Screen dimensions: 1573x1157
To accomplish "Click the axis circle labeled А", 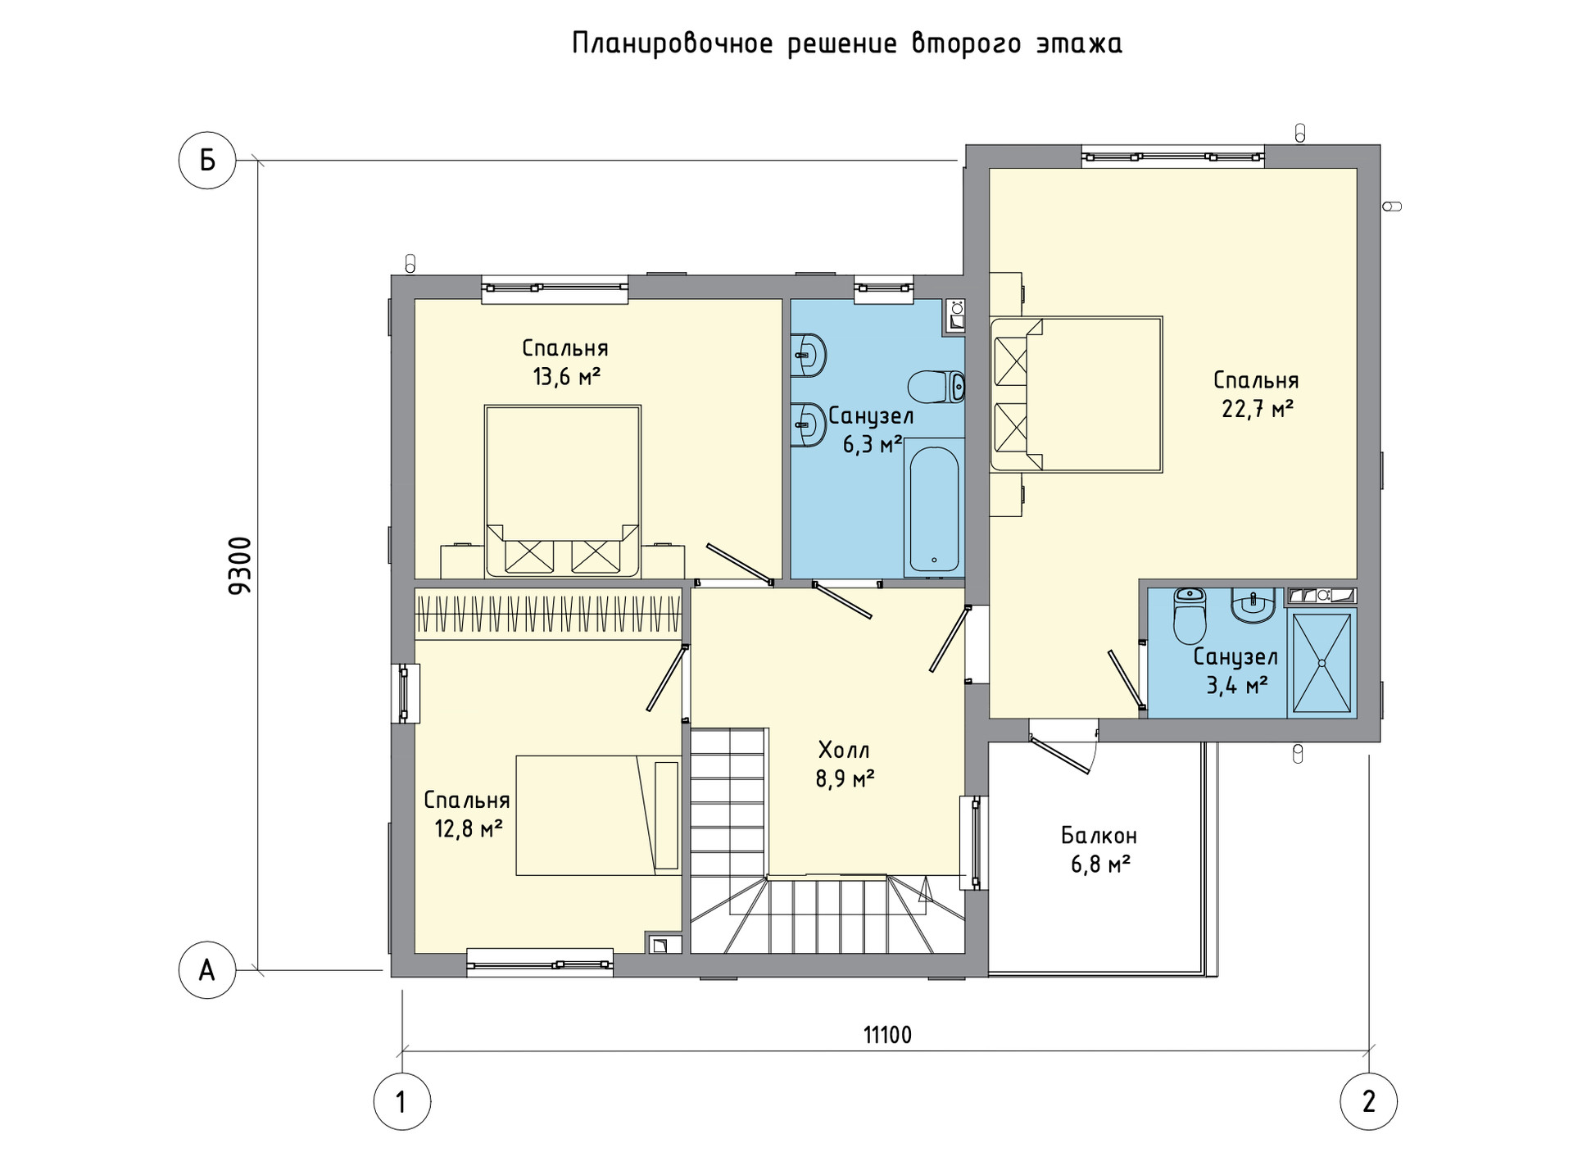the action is pos(207,970).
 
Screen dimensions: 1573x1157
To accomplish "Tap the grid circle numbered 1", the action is pos(401,1102).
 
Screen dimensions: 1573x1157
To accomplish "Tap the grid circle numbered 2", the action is pos(1368,1102).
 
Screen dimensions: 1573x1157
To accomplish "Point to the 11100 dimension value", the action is pos(887,1036).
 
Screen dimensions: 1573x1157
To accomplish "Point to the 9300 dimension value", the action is pos(240,565).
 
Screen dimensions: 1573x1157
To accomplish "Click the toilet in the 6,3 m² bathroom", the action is pos(936,386).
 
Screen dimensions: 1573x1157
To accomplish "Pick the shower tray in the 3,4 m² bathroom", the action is pos(1321,663).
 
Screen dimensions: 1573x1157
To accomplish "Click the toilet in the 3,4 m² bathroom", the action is pos(1190,615).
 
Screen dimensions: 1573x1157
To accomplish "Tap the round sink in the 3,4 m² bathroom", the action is pos(1252,606).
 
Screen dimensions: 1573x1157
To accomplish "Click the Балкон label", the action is pos(1099,836).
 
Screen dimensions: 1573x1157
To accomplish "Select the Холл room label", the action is pos(844,750).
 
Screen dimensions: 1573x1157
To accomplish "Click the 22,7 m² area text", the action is pos(1258,408).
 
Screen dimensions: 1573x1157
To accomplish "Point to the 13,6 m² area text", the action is pos(566,376).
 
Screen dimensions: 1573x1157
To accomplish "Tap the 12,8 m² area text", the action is pos(468,828).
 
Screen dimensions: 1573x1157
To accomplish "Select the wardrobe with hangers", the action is pos(548,614).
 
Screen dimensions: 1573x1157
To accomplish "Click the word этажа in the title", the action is pos(1079,43).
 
